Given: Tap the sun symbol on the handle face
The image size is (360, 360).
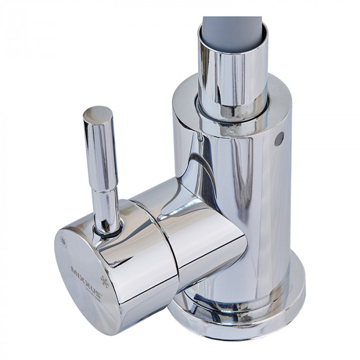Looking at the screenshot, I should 63,241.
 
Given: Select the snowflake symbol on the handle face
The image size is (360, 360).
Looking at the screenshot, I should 104,281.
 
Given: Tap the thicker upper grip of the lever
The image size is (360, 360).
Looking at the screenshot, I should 100,154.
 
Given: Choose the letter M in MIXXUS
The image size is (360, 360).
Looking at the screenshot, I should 73,269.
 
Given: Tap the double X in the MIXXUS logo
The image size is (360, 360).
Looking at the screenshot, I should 84,280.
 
